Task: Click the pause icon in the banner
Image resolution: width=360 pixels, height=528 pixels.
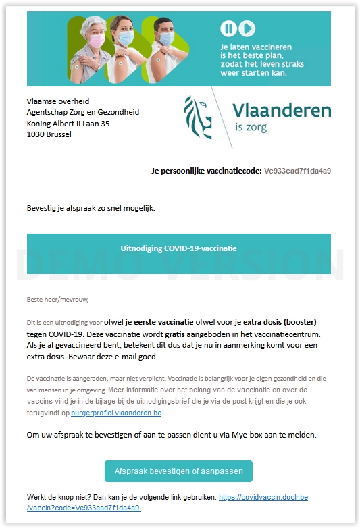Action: pyautogui.click(x=228, y=28)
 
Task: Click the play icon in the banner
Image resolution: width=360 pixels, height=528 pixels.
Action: pyautogui.click(x=247, y=28)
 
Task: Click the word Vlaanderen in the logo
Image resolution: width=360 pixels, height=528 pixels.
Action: pyautogui.click(x=282, y=111)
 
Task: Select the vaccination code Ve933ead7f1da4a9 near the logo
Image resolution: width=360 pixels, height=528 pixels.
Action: pyautogui.click(x=297, y=171)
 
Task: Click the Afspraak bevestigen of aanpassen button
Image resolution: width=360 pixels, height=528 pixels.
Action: pyautogui.click(x=178, y=471)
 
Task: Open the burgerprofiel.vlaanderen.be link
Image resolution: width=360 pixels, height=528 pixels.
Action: pyautogui.click(x=116, y=413)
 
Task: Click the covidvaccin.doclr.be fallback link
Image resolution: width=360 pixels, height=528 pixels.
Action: pyautogui.click(x=262, y=497)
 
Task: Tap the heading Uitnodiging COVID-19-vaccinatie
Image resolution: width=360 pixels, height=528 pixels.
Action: pyautogui.click(x=178, y=248)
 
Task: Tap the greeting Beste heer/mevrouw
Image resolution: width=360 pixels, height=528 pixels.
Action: pyautogui.click(x=57, y=299)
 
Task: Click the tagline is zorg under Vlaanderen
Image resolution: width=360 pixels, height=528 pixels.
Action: pyautogui.click(x=251, y=127)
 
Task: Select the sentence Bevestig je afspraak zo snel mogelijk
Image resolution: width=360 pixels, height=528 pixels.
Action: pyautogui.click(x=91, y=207)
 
